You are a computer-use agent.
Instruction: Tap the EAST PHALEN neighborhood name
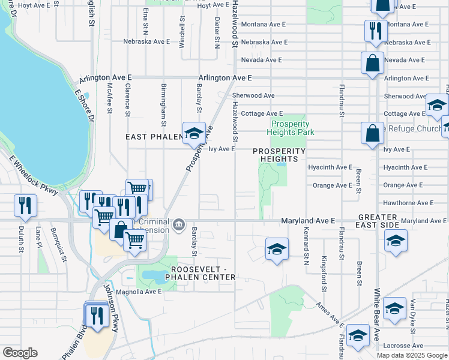point(153,137)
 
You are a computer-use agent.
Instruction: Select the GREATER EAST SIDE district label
point(379,221)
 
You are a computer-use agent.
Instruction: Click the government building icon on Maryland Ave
point(178,226)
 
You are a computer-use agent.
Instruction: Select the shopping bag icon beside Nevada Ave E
point(372,63)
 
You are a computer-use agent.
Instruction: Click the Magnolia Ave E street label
point(139,292)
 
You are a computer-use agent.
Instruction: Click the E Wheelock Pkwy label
point(34,176)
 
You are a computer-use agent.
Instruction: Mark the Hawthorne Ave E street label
point(408,203)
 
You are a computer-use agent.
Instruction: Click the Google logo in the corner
point(20,353)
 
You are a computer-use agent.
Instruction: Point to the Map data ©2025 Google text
point(411,355)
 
